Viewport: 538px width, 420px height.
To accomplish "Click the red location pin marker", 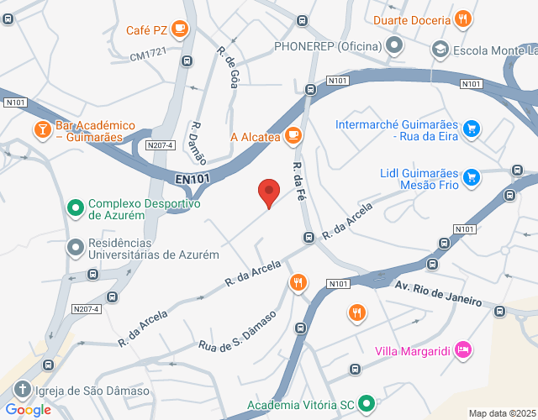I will coord(268,193).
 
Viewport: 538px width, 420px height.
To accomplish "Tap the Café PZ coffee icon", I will coord(179,29).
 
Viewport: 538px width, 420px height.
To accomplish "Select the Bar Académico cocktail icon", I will coord(41,129).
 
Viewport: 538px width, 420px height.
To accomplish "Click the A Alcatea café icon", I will coord(293,135).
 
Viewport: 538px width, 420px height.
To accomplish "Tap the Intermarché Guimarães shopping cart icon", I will coord(472,129).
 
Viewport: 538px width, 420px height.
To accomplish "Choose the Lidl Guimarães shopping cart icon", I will coord(472,177).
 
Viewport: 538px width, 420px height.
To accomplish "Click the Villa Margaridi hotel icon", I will coord(462,349).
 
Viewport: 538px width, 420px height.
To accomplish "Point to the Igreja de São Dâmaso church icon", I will coord(22,390).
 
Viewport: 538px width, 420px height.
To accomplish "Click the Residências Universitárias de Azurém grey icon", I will coord(75,247).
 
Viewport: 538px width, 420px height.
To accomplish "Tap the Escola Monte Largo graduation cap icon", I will coord(439,50).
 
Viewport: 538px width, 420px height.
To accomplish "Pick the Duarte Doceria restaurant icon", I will coord(462,18).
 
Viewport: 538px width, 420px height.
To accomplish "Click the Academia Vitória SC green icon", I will coord(366,404).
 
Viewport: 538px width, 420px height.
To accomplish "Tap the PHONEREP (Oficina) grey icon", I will coord(393,46).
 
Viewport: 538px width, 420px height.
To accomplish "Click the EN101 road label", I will coord(193,178).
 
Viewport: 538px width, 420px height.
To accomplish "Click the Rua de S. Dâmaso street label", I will coord(238,331).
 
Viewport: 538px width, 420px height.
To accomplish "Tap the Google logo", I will coord(29,410).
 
